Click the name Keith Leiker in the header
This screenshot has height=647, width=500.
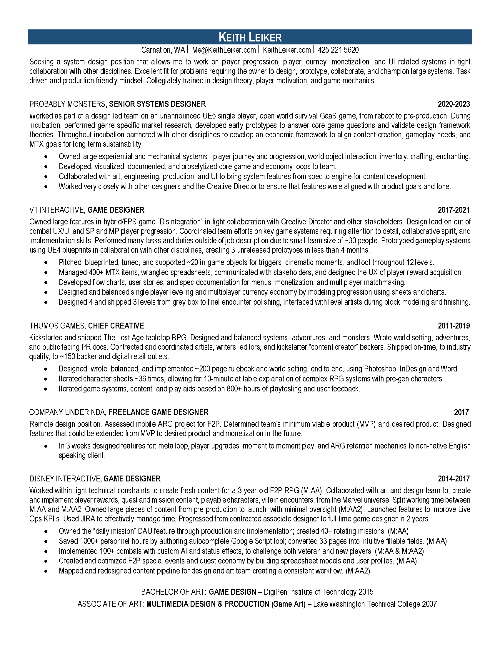(x=250, y=37)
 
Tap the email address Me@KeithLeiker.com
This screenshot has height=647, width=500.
(x=224, y=50)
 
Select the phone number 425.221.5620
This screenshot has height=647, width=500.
(x=338, y=50)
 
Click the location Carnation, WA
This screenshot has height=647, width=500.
(x=163, y=50)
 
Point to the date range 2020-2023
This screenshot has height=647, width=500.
(x=454, y=104)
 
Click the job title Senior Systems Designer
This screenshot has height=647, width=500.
(x=157, y=104)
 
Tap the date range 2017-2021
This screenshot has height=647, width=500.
(x=454, y=210)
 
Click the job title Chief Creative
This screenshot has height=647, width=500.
(x=116, y=326)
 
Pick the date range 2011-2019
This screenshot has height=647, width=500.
(x=454, y=326)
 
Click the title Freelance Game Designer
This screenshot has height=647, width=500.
(x=159, y=412)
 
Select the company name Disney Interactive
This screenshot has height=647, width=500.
(x=65, y=479)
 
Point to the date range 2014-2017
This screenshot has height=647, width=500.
(x=454, y=479)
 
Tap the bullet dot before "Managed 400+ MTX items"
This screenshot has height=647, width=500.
(x=46, y=273)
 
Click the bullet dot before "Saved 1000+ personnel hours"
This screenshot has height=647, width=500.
(x=46, y=541)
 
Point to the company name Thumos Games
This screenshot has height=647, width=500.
(x=56, y=326)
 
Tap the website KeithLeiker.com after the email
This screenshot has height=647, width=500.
(x=286, y=50)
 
